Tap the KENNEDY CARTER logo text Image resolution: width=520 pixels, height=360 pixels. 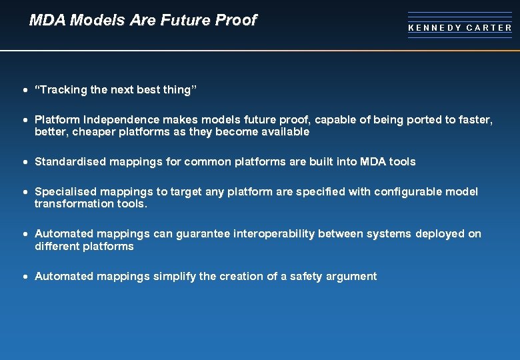click(x=460, y=28)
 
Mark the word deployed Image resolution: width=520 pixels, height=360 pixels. click(x=440, y=234)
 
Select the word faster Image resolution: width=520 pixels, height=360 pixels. click(x=475, y=120)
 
